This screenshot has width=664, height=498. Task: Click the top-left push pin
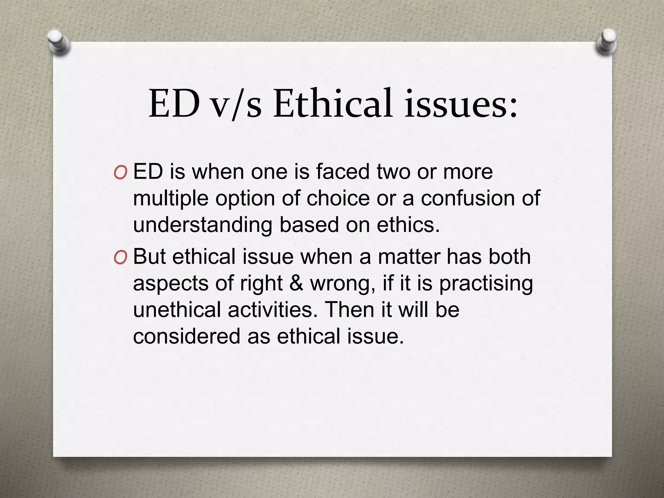(59, 42)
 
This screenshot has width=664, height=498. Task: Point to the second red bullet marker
(120, 258)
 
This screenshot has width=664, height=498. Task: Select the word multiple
(171, 198)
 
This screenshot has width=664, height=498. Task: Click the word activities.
(273, 309)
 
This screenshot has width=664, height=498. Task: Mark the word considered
(186, 336)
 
